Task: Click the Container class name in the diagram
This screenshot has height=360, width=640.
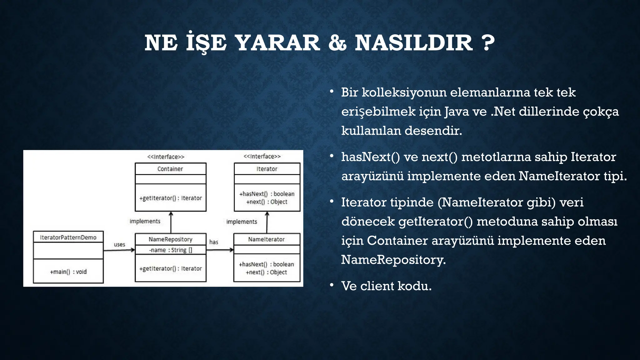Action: tap(170, 169)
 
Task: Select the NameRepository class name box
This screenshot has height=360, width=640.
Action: tap(170, 239)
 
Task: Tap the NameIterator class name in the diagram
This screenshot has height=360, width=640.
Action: tap(266, 239)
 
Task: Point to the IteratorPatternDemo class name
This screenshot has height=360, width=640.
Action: tap(68, 237)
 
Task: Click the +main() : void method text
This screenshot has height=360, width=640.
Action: tap(68, 272)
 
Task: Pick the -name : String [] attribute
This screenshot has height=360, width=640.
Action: tap(170, 250)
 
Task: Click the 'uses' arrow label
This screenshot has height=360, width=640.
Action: tap(119, 244)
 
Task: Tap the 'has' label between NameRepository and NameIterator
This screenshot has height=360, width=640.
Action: tap(214, 242)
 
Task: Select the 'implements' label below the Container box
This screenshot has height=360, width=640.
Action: tap(145, 221)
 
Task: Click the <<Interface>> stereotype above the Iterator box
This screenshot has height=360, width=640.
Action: tap(262, 156)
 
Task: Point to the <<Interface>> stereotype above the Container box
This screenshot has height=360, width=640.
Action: tap(166, 157)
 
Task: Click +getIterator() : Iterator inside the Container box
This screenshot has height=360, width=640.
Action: tap(170, 198)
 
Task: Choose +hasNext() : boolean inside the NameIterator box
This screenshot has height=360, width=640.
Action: tap(266, 264)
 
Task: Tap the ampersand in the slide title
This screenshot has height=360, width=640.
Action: tap(337, 43)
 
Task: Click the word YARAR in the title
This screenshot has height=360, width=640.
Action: tap(277, 43)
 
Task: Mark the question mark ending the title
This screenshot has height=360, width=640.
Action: tap(488, 43)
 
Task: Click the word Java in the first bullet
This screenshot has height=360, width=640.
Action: tap(457, 112)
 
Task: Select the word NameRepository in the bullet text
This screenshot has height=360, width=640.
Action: tap(393, 260)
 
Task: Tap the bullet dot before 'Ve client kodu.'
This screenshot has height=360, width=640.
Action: tap(332, 285)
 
